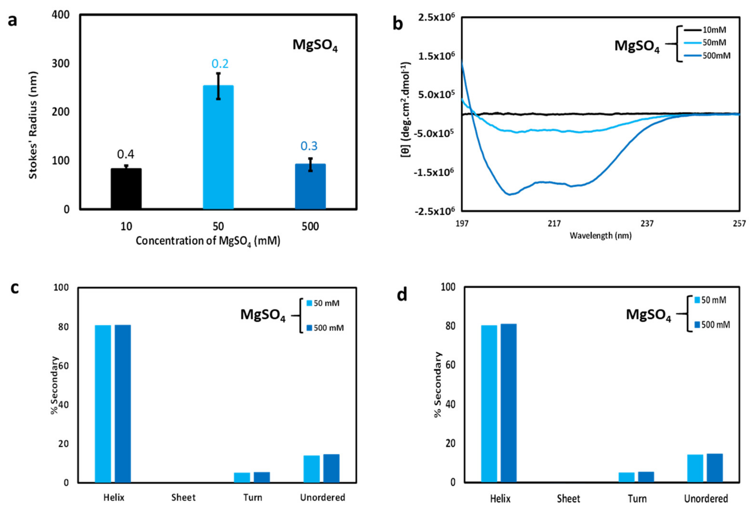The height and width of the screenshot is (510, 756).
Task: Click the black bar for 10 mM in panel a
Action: (x=126, y=188)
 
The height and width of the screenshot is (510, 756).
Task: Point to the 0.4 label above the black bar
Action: (x=126, y=154)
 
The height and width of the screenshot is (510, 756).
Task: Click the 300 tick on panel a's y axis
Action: (x=61, y=63)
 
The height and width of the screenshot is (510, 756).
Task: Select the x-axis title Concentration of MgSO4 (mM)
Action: (x=208, y=241)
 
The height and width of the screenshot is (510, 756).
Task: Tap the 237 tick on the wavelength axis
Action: (x=647, y=223)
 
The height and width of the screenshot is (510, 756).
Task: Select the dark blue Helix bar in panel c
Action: (x=123, y=403)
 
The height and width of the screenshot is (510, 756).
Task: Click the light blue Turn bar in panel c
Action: (x=242, y=477)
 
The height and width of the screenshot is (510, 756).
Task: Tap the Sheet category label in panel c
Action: (x=183, y=498)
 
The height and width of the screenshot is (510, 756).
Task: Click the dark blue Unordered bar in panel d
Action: (x=715, y=468)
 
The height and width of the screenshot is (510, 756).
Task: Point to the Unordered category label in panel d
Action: (x=706, y=499)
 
